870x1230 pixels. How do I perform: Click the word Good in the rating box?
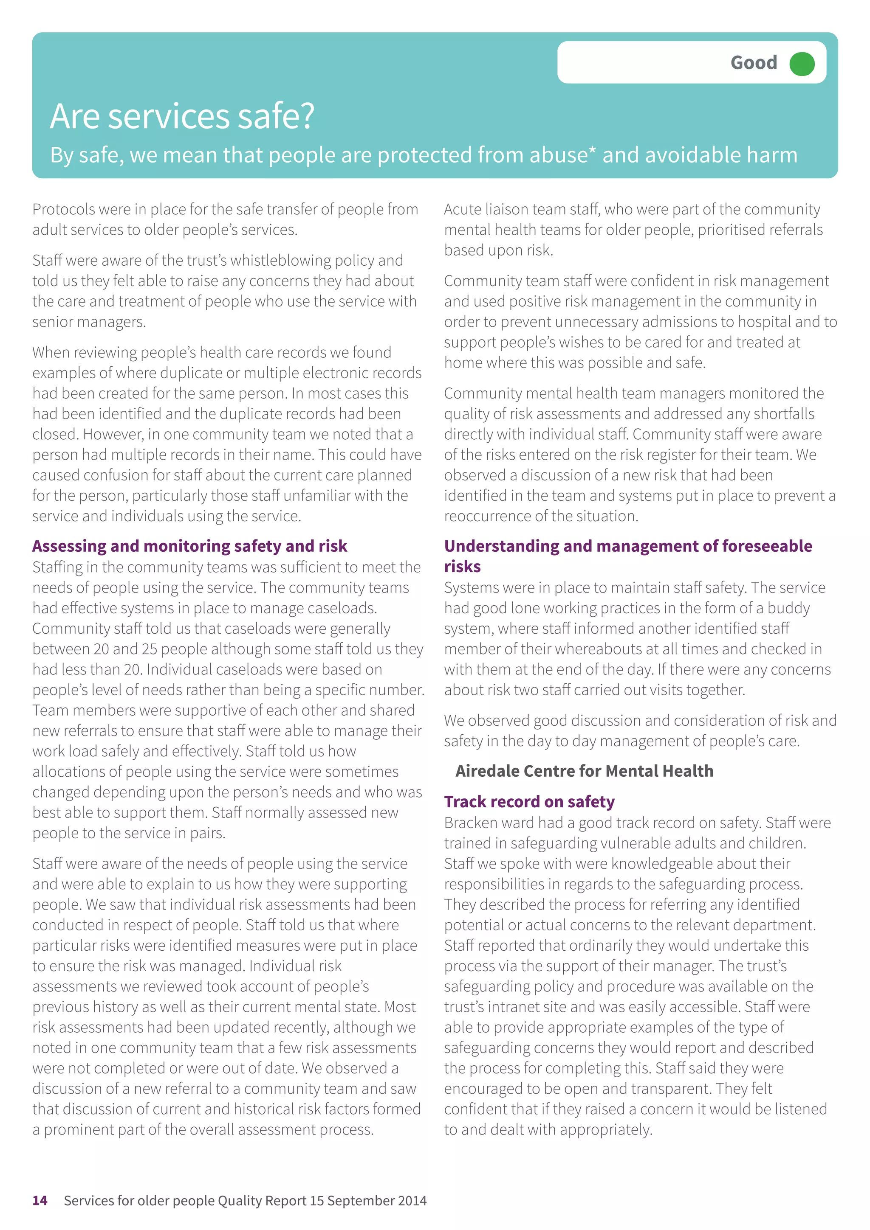(753, 63)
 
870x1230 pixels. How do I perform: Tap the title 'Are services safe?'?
(182, 116)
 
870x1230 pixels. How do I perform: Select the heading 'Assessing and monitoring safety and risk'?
(190, 546)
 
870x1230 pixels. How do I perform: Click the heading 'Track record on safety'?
(529, 801)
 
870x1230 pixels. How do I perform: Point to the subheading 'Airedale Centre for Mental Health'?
(584, 771)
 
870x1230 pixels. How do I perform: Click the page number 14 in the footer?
(40, 1201)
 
